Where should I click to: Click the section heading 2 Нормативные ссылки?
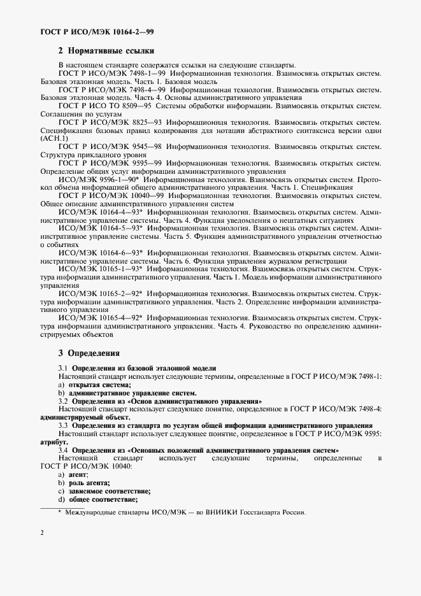tap(106, 51)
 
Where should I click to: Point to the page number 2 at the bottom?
tap(42, 532)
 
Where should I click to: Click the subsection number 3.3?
tap(63, 425)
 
